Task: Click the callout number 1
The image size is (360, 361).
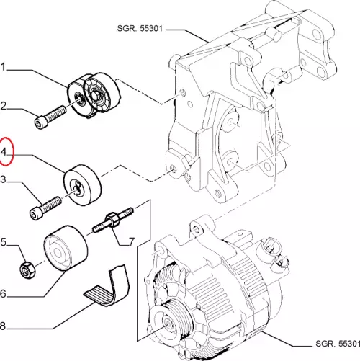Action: (3, 67)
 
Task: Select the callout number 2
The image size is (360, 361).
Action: (3, 106)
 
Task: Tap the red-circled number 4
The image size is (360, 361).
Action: (4, 152)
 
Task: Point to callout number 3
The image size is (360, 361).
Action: (3, 179)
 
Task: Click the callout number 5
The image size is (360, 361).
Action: (3, 242)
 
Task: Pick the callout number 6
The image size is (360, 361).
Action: (3, 293)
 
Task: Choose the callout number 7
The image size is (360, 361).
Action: (132, 241)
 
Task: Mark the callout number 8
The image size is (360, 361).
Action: (3, 326)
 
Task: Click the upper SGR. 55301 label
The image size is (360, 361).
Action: (140, 28)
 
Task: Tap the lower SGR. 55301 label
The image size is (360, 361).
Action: (338, 344)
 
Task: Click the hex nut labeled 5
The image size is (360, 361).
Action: (27, 270)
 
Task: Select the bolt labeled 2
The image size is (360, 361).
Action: (50, 117)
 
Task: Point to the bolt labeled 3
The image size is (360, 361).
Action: (45, 208)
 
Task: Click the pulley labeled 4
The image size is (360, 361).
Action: (82, 185)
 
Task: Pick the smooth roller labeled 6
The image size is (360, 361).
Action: (66, 248)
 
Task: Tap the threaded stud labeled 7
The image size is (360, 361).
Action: (113, 220)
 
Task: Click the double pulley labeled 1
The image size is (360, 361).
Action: (94, 95)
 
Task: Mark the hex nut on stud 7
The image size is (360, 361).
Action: (112, 219)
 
